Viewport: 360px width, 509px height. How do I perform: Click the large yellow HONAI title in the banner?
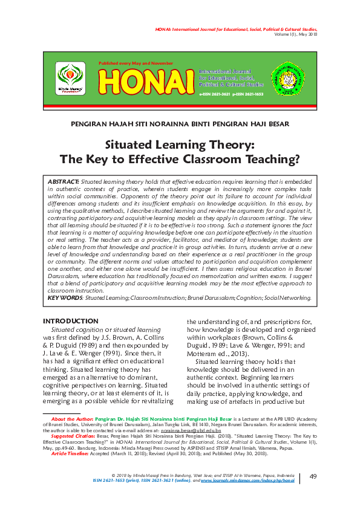(x=146, y=80)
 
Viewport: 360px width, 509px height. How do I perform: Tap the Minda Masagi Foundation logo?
(x=71, y=79)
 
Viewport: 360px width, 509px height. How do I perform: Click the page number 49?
(x=313, y=478)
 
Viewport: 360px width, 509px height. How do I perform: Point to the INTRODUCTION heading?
(x=70, y=321)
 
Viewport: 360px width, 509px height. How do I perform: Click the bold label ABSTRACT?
(x=63, y=181)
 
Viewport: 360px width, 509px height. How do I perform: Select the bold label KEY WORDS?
(x=65, y=297)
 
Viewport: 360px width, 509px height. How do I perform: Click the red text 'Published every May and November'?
(x=136, y=63)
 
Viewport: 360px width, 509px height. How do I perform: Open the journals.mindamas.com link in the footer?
(x=258, y=482)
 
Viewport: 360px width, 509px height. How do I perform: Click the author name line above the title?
(x=180, y=124)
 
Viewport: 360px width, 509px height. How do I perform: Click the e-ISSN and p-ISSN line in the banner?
(x=231, y=95)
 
